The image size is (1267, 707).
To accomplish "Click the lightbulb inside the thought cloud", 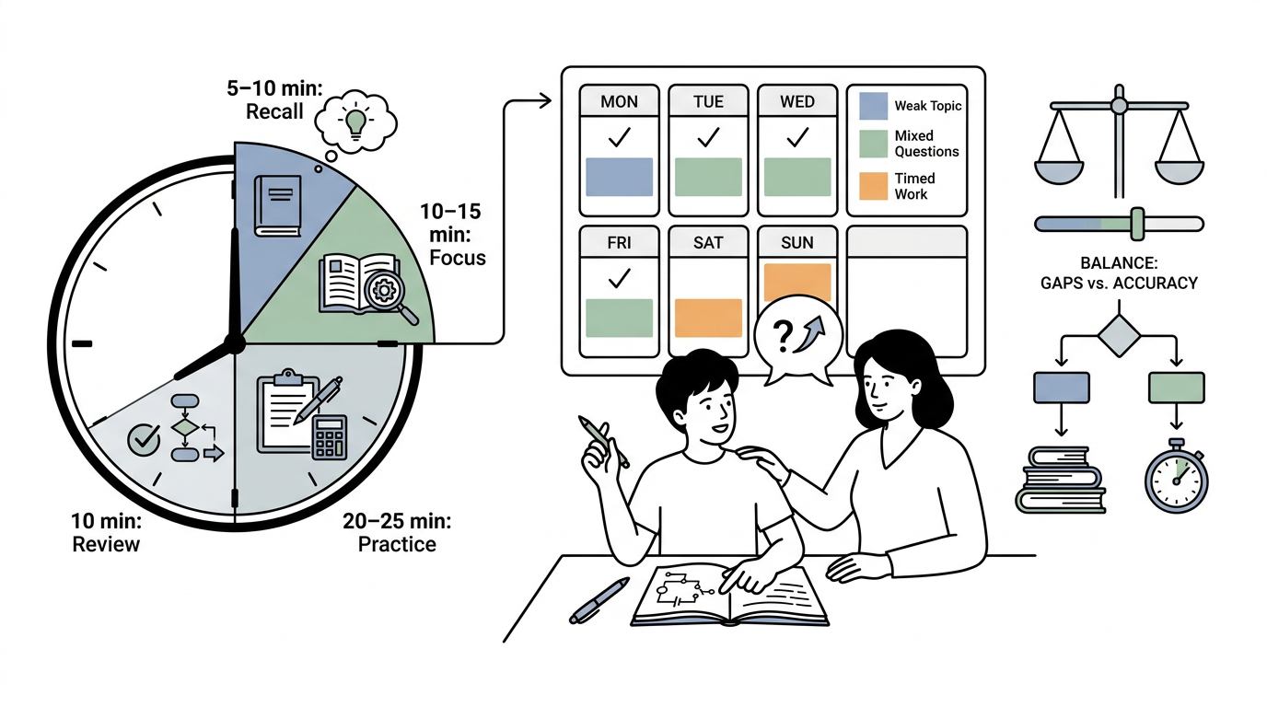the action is click(x=355, y=122).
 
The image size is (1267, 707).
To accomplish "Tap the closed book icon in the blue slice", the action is click(x=278, y=206).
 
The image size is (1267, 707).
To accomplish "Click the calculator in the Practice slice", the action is click(x=330, y=438).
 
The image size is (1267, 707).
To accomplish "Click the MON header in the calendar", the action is click(x=619, y=102).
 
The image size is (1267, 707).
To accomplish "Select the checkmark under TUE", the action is click(x=708, y=137).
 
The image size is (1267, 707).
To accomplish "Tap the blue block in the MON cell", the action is click(x=619, y=177).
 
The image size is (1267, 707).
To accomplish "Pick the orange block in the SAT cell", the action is click(x=708, y=318).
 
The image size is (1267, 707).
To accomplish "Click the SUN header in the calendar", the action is click(x=797, y=243).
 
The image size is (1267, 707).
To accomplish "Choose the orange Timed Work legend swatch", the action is click(x=873, y=186).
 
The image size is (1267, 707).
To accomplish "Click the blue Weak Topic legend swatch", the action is click(x=873, y=106).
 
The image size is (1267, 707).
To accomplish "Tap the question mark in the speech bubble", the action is click(x=783, y=337).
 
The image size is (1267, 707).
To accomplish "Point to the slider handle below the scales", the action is click(x=1137, y=224).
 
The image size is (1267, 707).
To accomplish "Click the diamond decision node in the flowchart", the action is click(x=1119, y=336).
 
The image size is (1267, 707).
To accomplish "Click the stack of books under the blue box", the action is click(x=1061, y=480).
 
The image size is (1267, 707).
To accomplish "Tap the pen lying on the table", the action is click(x=599, y=600).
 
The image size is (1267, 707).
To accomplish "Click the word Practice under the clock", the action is click(x=397, y=544).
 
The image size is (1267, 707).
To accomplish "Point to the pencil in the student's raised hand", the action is click(x=603, y=441).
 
